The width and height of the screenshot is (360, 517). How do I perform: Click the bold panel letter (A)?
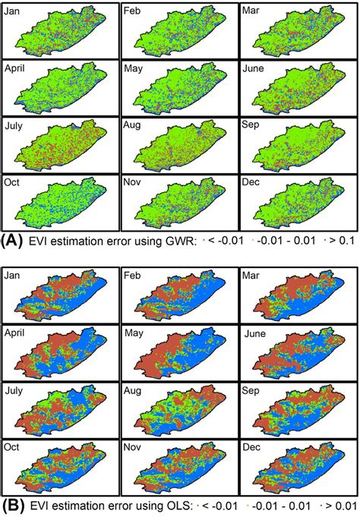[13, 241]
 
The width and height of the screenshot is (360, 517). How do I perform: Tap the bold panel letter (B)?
[13, 503]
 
